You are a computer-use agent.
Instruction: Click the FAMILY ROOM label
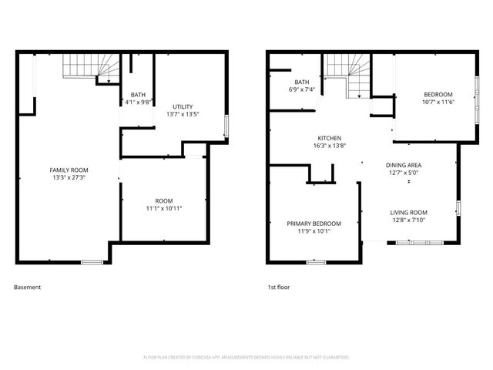coord(69,170)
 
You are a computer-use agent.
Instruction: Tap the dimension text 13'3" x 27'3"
coord(69,177)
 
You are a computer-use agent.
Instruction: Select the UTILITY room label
coord(183,106)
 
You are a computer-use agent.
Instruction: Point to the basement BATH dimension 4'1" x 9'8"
coord(138,102)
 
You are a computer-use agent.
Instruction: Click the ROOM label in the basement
coord(164,200)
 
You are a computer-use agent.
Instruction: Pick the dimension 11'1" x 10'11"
coord(164,208)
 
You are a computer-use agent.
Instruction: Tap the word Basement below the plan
coord(27,288)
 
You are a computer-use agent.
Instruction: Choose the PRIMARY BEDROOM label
coord(314,224)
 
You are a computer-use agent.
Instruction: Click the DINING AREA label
coord(403,165)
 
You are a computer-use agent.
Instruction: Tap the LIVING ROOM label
coord(408,213)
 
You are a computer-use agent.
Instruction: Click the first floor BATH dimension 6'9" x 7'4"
coord(302,89)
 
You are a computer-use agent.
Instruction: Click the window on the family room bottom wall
coord(92,263)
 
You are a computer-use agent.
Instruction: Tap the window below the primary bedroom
coord(316,263)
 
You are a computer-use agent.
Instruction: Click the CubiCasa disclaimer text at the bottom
coord(246,358)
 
